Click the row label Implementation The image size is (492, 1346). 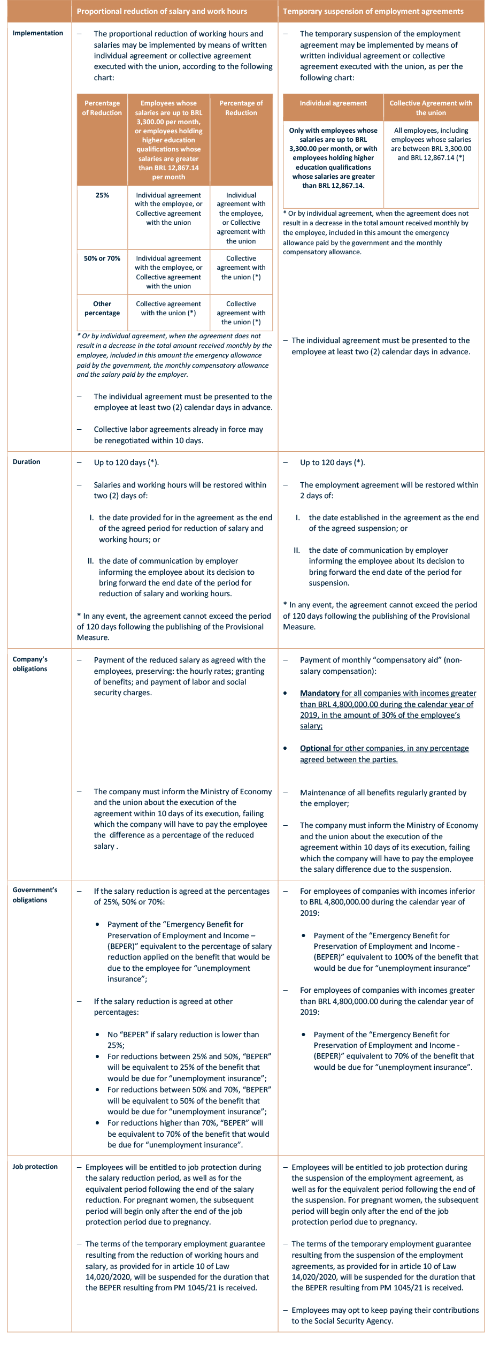(x=37, y=33)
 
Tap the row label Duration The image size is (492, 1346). (x=26, y=462)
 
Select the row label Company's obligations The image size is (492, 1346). (x=30, y=664)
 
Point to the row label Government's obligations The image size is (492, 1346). (x=35, y=895)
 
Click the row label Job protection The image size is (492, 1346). (x=35, y=1167)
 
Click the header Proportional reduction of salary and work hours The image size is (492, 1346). (x=162, y=11)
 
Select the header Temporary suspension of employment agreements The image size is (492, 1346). (x=373, y=11)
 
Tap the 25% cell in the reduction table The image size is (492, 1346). (x=102, y=195)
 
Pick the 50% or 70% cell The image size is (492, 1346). (x=102, y=258)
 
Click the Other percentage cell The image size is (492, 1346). (x=102, y=308)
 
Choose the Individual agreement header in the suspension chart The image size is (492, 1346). (x=333, y=103)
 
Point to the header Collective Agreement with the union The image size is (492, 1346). (x=430, y=108)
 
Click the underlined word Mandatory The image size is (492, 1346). (x=319, y=693)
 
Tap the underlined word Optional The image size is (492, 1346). (x=315, y=748)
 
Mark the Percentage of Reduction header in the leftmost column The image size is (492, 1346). (x=102, y=108)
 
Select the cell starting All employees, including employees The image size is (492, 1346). (x=430, y=144)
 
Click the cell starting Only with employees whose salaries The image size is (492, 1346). (x=333, y=158)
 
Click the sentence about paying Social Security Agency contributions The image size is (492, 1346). (x=385, y=1315)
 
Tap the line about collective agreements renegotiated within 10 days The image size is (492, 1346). (x=178, y=435)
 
